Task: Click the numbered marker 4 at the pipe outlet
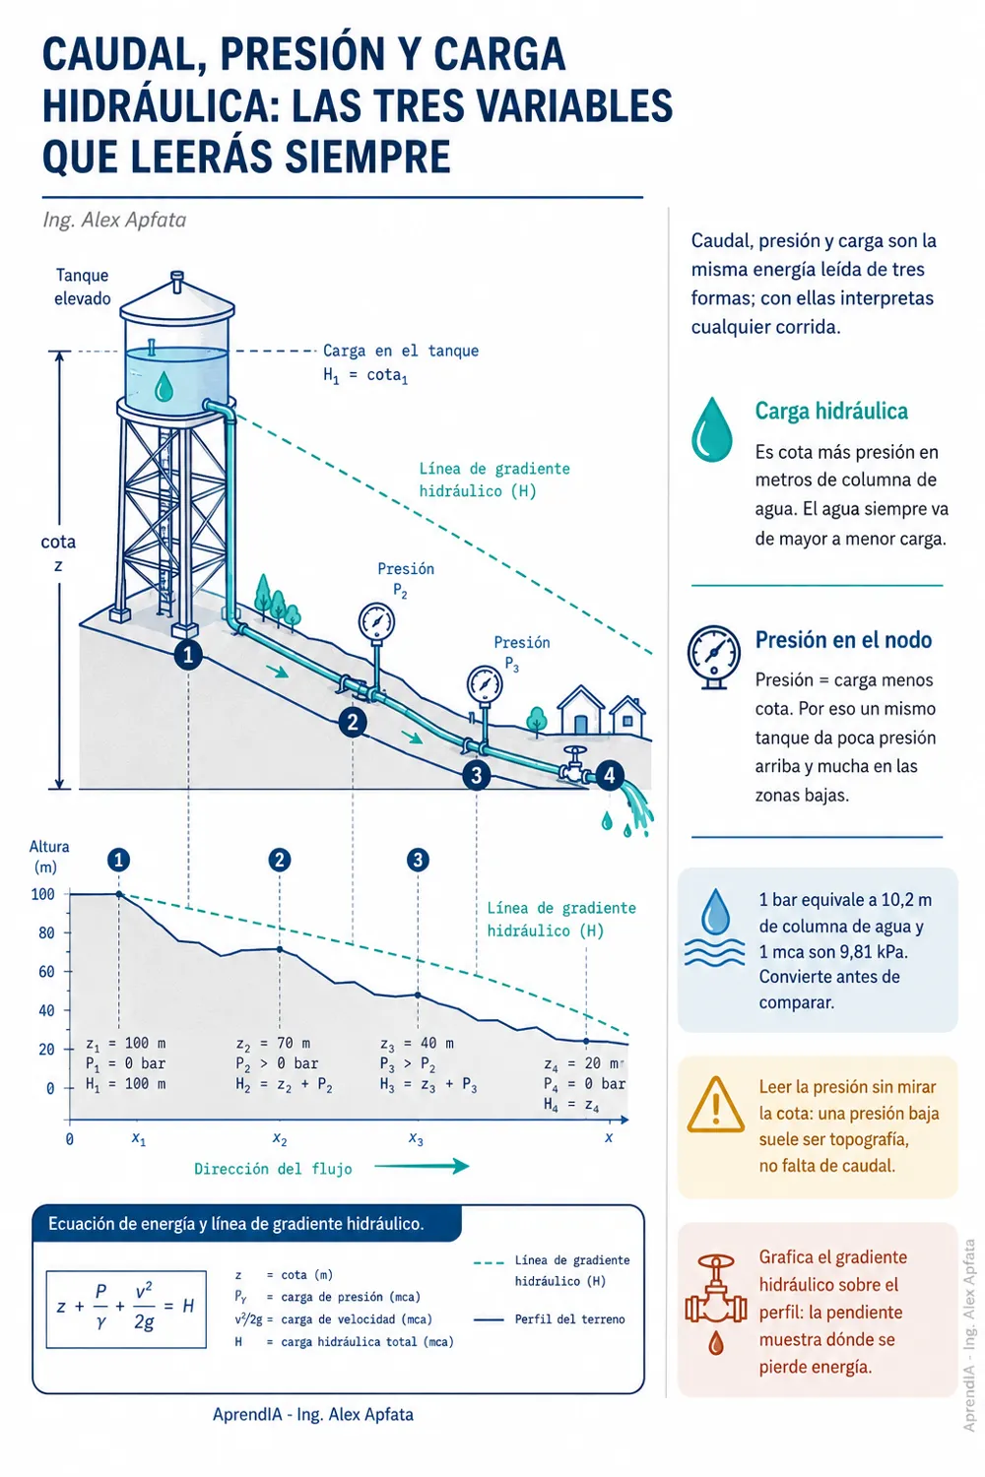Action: point(609,775)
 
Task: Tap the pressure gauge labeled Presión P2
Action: point(376,621)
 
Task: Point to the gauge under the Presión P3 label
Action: point(485,684)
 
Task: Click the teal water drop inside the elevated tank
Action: point(163,386)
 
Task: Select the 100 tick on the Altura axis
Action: point(43,894)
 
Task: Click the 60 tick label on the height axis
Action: point(46,971)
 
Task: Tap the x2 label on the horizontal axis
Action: point(280,1138)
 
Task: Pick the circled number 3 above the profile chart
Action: point(417,860)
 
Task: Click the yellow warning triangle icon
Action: point(716,1106)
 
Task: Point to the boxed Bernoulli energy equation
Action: point(126,1310)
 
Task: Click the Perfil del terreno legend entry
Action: point(549,1319)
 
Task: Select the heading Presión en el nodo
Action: point(843,640)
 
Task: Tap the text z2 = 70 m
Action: point(273,1043)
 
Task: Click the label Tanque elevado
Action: point(83,287)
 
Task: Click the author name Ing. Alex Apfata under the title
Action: point(114,220)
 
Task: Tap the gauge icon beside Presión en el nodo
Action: point(713,657)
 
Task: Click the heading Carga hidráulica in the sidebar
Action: point(831,411)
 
